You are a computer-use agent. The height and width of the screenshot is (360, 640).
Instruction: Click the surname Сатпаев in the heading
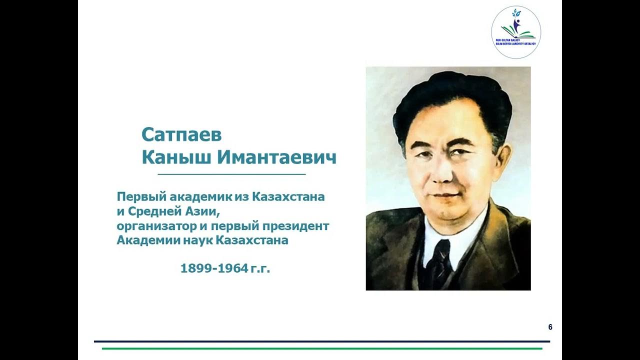(181, 134)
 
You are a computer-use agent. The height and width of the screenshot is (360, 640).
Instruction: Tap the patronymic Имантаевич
(276, 157)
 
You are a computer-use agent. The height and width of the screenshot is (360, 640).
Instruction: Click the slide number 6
(550, 327)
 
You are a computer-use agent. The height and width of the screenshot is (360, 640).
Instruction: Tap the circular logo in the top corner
(515, 32)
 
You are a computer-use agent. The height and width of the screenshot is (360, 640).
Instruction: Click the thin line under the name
(231, 174)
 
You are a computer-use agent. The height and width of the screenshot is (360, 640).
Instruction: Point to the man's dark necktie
(441, 260)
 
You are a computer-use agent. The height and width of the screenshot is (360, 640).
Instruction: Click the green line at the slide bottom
(322, 348)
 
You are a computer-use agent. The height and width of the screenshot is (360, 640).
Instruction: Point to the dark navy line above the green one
(322, 341)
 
